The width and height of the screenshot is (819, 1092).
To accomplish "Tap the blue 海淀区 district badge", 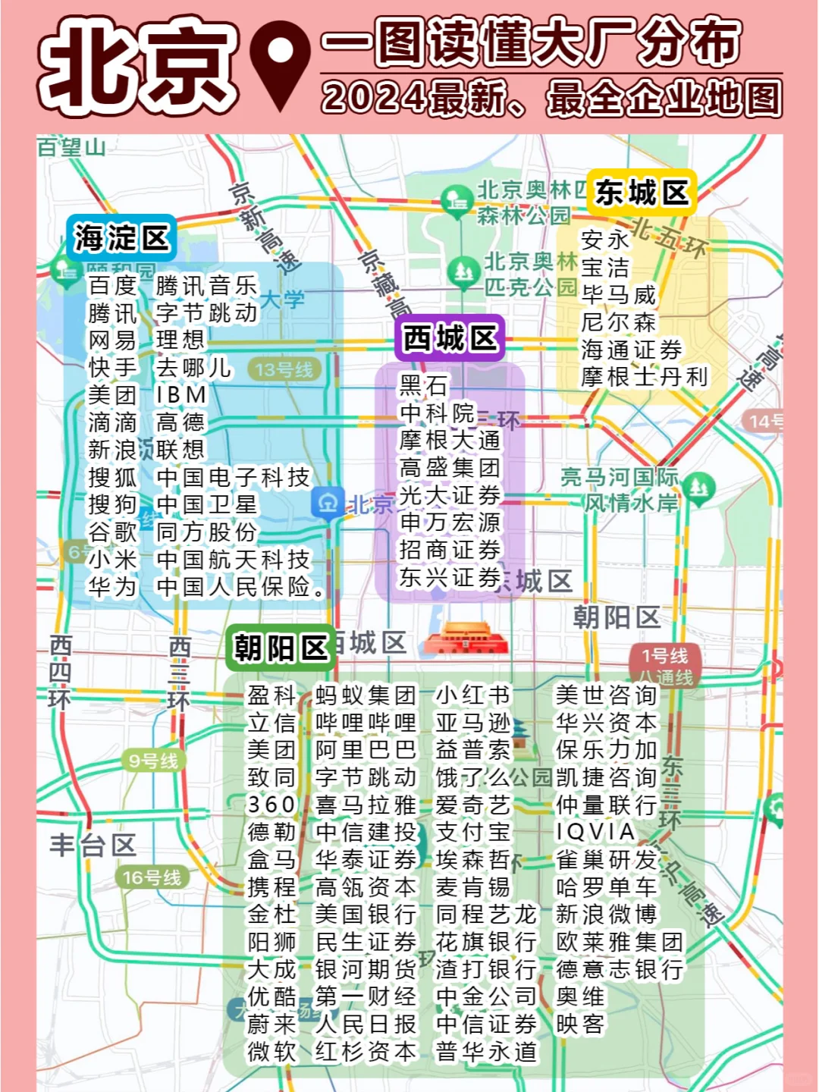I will pyautogui.click(x=121, y=238).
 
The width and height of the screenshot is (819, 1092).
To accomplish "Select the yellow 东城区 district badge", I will pyautogui.click(x=642, y=193).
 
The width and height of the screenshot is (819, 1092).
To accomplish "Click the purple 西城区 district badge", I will pyautogui.click(x=450, y=338).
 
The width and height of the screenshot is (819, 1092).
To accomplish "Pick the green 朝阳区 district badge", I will pyautogui.click(x=280, y=648).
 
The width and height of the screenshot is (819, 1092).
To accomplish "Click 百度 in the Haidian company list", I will pyautogui.click(x=112, y=286).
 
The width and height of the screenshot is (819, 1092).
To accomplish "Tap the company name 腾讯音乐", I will pyautogui.click(x=206, y=286).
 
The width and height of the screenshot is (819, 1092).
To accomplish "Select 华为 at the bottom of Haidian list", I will pyautogui.click(x=112, y=586).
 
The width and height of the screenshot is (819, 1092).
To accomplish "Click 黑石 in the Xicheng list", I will pyautogui.click(x=424, y=385).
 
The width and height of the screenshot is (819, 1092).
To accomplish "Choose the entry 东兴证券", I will pyautogui.click(x=450, y=577).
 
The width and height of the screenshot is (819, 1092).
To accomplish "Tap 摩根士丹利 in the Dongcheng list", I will pyautogui.click(x=644, y=377).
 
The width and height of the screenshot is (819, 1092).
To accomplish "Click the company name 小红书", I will pyautogui.click(x=473, y=695).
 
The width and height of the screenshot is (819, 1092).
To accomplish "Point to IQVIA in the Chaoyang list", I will pyautogui.click(x=595, y=832).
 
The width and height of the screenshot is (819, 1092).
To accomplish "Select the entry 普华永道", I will pyautogui.click(x=486, y=1051).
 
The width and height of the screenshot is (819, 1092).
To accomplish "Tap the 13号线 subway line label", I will pyautogui.click(x=284, y=370).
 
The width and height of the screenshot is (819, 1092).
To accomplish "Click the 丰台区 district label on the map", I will pyautogui.click(x=93, y=845).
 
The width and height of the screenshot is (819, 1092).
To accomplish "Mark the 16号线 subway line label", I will pyautogui.click(x=152, y=877).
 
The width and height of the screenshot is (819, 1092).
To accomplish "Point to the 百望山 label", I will pyautogui.click(x=71, y=147).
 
